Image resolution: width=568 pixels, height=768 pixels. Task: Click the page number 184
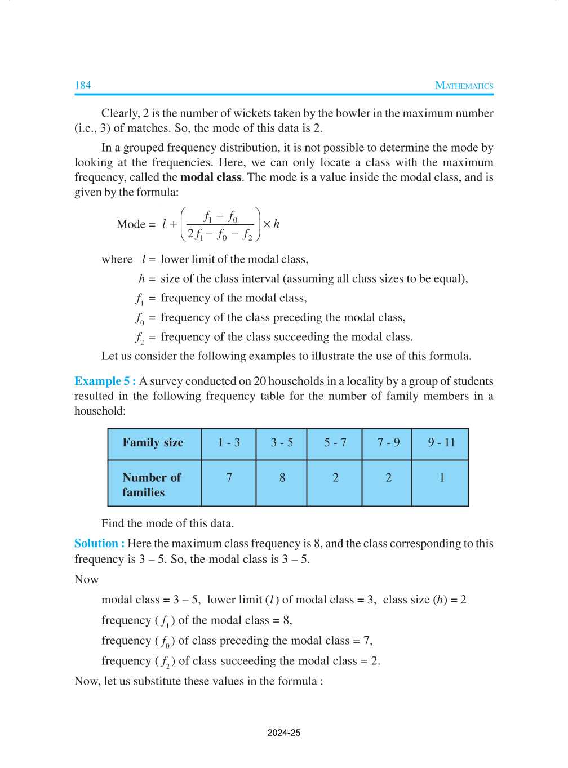pos(82,85)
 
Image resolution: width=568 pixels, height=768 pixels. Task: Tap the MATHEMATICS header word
pos(464,86)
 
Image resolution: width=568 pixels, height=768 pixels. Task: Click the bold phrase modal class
pos(211,177)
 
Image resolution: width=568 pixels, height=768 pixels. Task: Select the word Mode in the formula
pos(131,224)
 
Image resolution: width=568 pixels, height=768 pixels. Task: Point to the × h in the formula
pos(271,224)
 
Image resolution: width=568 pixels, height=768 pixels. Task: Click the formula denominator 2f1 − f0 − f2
pos(220,234)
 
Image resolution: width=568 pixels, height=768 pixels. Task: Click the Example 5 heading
pos(105,381)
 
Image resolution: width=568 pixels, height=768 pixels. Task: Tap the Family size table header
pos(153,442)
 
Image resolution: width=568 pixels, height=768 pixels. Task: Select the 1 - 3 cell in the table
pos(229,442)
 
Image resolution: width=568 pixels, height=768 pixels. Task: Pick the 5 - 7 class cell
pos(335,442)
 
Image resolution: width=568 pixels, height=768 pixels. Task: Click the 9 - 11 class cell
pos(441,442)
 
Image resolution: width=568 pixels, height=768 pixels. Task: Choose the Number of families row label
pos(152,485)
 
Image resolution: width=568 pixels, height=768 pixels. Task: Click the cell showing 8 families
pos(282,478)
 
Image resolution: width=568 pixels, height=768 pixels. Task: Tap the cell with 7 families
pos(229,478)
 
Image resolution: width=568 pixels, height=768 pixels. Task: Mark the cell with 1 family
pos(441,478)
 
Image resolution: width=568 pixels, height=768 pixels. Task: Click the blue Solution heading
pos(99,543)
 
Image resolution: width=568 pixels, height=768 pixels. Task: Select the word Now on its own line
pos(86,579)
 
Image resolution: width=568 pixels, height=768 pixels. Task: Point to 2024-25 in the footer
pos(283,733)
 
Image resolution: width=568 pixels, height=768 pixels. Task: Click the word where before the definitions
pos(117,259)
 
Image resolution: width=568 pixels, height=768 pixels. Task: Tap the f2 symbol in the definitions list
pos(140,338)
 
